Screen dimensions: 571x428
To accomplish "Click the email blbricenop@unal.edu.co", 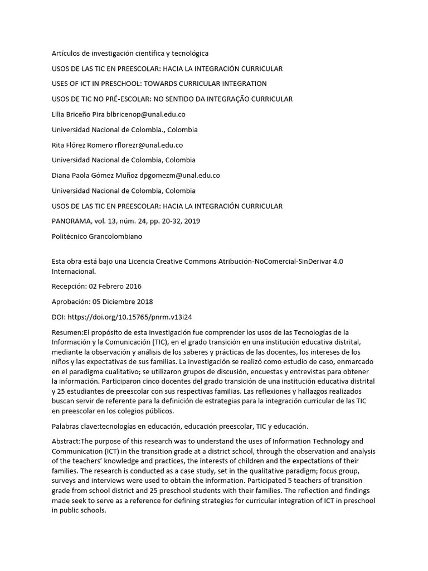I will pos(146,114).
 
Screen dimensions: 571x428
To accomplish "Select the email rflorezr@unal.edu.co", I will pos(149,145).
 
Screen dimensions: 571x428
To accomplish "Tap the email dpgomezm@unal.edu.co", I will pos(179,175).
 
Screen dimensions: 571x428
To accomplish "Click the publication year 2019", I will pos(192,221).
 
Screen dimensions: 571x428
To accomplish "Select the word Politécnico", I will pos(70,236).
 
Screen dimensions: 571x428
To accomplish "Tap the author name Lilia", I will pos(59,114).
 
